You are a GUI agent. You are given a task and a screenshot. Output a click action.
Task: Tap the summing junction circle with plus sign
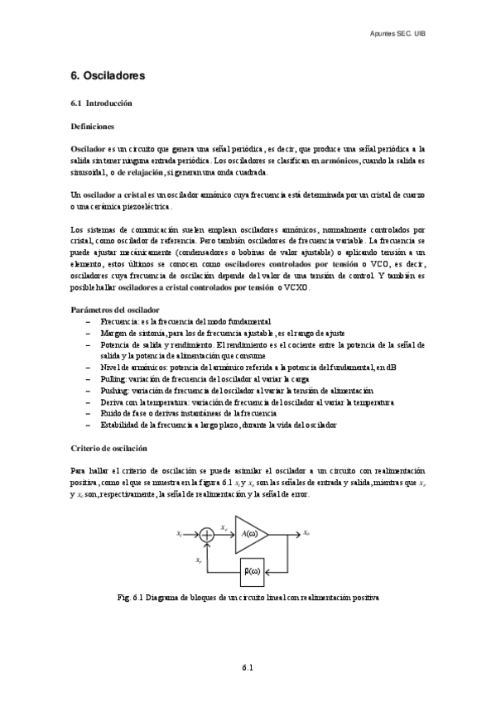tap(208, 535)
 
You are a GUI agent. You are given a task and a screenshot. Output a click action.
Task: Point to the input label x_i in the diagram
tap(180, 534)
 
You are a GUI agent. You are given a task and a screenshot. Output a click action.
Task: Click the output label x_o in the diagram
tap(307, 533)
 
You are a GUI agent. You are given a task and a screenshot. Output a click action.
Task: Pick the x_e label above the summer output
tap(224, 527)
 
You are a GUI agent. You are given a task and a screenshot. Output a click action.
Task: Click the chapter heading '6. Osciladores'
tap(108, 75)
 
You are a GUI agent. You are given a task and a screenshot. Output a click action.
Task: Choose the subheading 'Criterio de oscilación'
tap(108, 447)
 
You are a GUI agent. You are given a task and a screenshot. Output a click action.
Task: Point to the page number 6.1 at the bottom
tap(247, 666)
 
